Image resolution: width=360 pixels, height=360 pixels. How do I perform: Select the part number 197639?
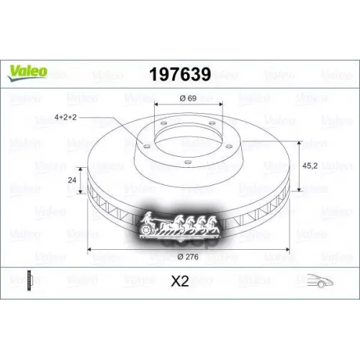pos(180,74)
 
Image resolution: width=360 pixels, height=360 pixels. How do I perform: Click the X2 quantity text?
pos(180,282)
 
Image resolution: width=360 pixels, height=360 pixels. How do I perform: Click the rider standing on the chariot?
pos(148,215)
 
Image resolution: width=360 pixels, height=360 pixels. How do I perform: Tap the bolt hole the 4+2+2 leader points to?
pos(145,144)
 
